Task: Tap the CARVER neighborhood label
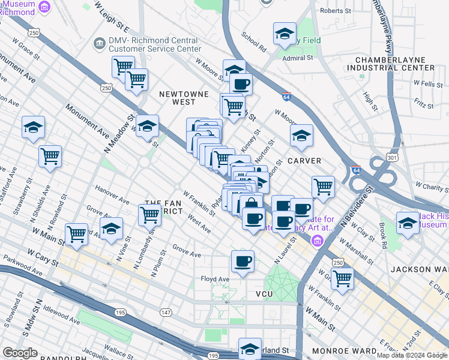pyautogui.click(x=304, y=161)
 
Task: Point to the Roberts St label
pyautogui.click(x=336, y=11)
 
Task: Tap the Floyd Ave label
pyautogui.click(x=215, y=279)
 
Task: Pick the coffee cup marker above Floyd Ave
pyautogui.click(x=243, y=262)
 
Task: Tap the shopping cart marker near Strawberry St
pyautogui.click(x=50, y=157)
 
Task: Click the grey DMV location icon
pyautogui.click(x=98, y=43)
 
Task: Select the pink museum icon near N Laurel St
pyautogui.click(x=316, y=241)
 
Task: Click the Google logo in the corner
pyautogui.click(x=20, y=353)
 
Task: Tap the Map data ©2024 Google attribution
pyautogui.click(x=412, y=355)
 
